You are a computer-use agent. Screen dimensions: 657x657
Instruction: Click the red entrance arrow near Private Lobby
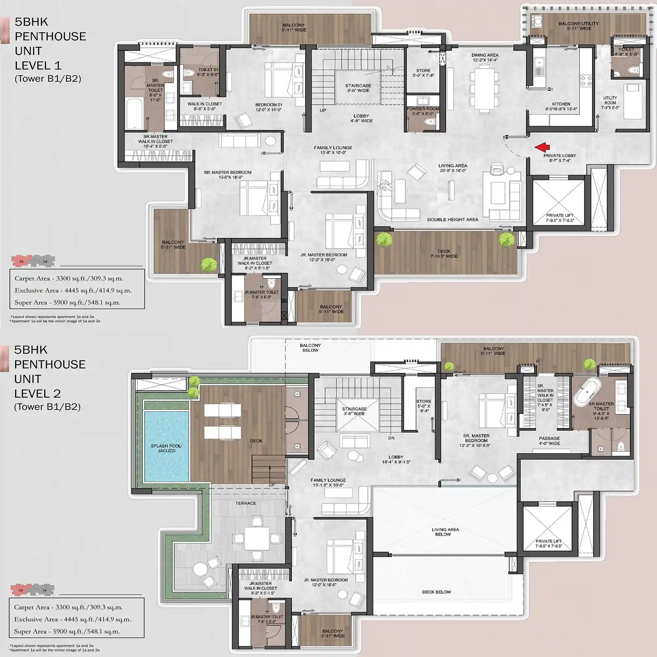click(542, 147)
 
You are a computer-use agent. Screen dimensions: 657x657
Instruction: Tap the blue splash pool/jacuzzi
click(166, 446)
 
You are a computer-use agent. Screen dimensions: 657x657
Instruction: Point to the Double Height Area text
click(453, 220)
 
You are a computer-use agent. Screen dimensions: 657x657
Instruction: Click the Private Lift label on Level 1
click(560, 218)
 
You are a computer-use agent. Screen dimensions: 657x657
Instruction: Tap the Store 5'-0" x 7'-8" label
click(423, 73)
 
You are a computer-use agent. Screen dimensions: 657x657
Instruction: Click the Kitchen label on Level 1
click(561, 106)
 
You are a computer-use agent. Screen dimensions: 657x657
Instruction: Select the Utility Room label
click(610, 103)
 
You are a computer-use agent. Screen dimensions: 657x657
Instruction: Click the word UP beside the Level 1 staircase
click(323, 110)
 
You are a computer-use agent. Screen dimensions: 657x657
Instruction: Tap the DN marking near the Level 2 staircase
click(392, 438)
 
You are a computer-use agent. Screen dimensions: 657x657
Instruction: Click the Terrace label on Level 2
click(245, 503)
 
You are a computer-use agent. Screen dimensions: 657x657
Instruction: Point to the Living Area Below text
click(445, 532)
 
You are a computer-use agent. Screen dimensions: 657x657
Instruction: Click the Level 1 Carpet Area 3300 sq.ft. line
click(69, 279)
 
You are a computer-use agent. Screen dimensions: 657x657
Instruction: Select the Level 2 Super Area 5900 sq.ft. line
click(67, 631)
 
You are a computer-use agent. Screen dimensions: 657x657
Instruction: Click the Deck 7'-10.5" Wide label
click(444, 254)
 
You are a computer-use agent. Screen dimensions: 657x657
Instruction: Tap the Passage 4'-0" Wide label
click(549, 441)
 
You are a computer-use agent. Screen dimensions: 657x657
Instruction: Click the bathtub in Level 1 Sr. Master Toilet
click(134, 114)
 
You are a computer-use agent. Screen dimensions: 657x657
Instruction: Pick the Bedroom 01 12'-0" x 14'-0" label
click(269, 107)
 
